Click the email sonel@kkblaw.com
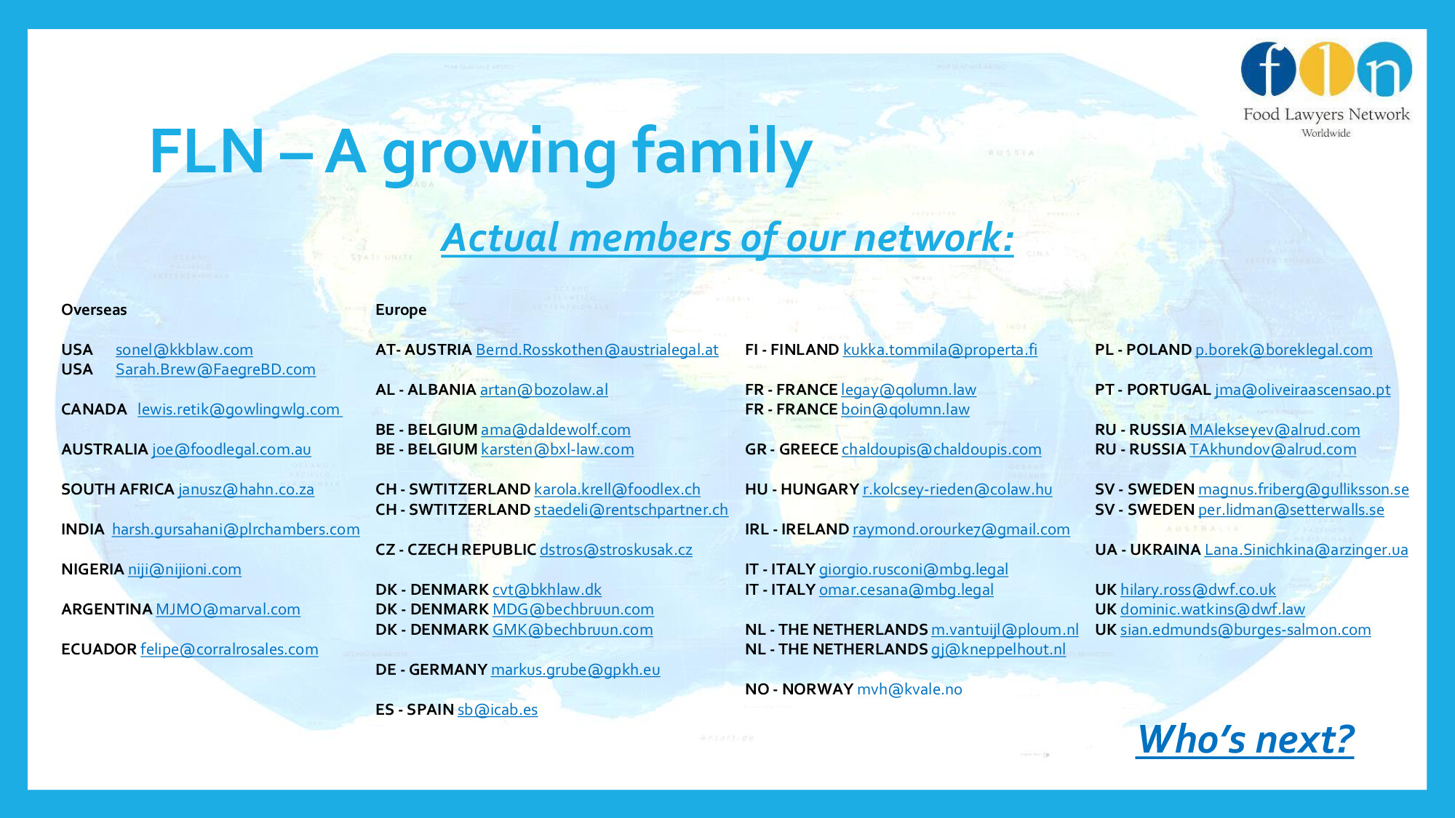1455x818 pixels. tap(184, 350)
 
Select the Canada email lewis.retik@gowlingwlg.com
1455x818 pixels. tap(239, 409)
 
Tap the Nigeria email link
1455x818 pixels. tap(185, 569)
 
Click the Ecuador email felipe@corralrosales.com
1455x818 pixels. tap(229, 649)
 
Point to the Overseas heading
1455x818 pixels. tap(94, 310)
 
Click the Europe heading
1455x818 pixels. tap(401, 310)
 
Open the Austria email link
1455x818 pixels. tap(597, 350)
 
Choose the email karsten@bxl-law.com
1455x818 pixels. tap(557, 449)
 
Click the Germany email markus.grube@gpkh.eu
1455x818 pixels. tap(575, 670)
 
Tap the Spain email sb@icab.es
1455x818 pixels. tap(498, 710)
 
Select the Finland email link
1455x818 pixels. tap(940, 350)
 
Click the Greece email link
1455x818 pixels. tap(941, 449)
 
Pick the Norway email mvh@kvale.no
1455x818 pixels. tap(909, 689)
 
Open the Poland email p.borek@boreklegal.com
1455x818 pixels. tap(1284, 350)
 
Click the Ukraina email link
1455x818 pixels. tap(1307, 550)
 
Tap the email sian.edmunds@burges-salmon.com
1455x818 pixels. tap(1245, 630)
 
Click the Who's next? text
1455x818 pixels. tap(1245, 739)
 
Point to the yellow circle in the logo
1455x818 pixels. tap(1326, 69)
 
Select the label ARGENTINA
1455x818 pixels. tap(107, 609)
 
